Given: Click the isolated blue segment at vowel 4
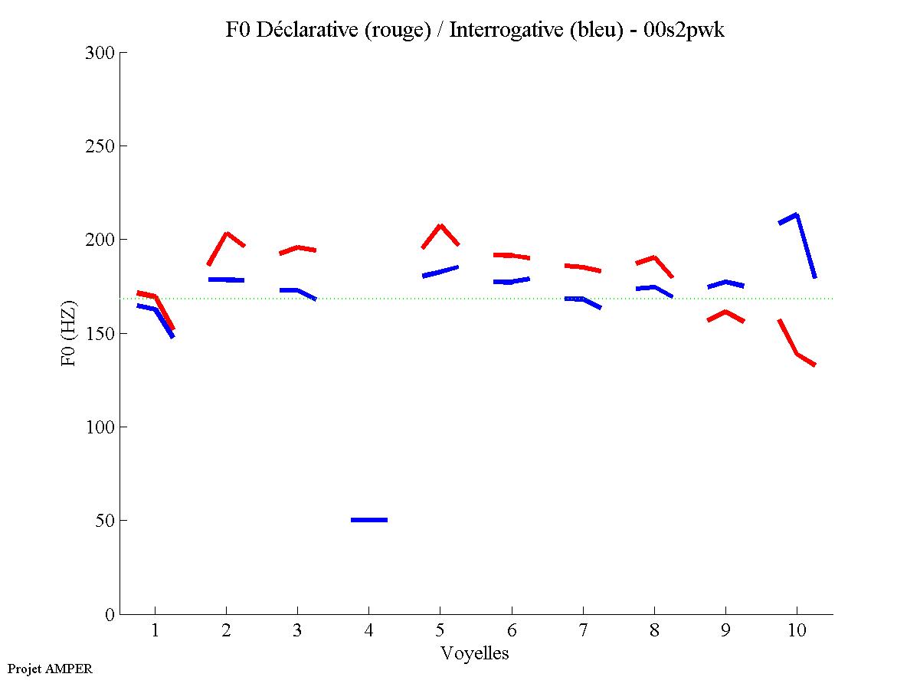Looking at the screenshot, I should pyautogui.click(x=369, y=520).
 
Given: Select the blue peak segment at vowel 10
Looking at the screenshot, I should pyautogui.click(x=797, y=216).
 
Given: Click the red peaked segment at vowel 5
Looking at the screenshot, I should pyautogui.click(x=440, y=226).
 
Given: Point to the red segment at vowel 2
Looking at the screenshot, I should pyautogui.click(x=227, y=234).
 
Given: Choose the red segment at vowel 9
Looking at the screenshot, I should pyautogui.click(x=725, y=312).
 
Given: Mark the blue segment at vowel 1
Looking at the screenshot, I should pyautogui.click(x=156, y=309).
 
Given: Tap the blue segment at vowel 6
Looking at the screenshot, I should pyautogui.click(x=511, y=282).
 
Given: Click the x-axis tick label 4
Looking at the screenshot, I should pyautogui.click(x=369, y=631).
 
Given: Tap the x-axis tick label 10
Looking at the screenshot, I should pyautogui.click(x=797, y=631).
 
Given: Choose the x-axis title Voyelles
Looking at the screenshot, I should pyautogui.click(x=475, y=653).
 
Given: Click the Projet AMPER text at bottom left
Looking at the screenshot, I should pyautogui.click(x=50, y=669).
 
